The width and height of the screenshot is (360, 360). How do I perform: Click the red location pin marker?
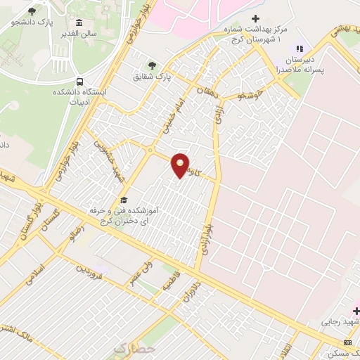pyautogui.click(x=181, y=165)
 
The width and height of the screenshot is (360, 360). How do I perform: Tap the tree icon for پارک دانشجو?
pyautogui.click(x=32, y=12)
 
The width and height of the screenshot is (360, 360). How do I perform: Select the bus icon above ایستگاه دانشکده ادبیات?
pyautogui.click(x=79, y=82)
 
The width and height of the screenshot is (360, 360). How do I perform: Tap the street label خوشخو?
pyautogui.click(x=250, y=94)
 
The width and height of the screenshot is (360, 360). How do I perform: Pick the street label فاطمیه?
pyautogui.click(x=169, y=284)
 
